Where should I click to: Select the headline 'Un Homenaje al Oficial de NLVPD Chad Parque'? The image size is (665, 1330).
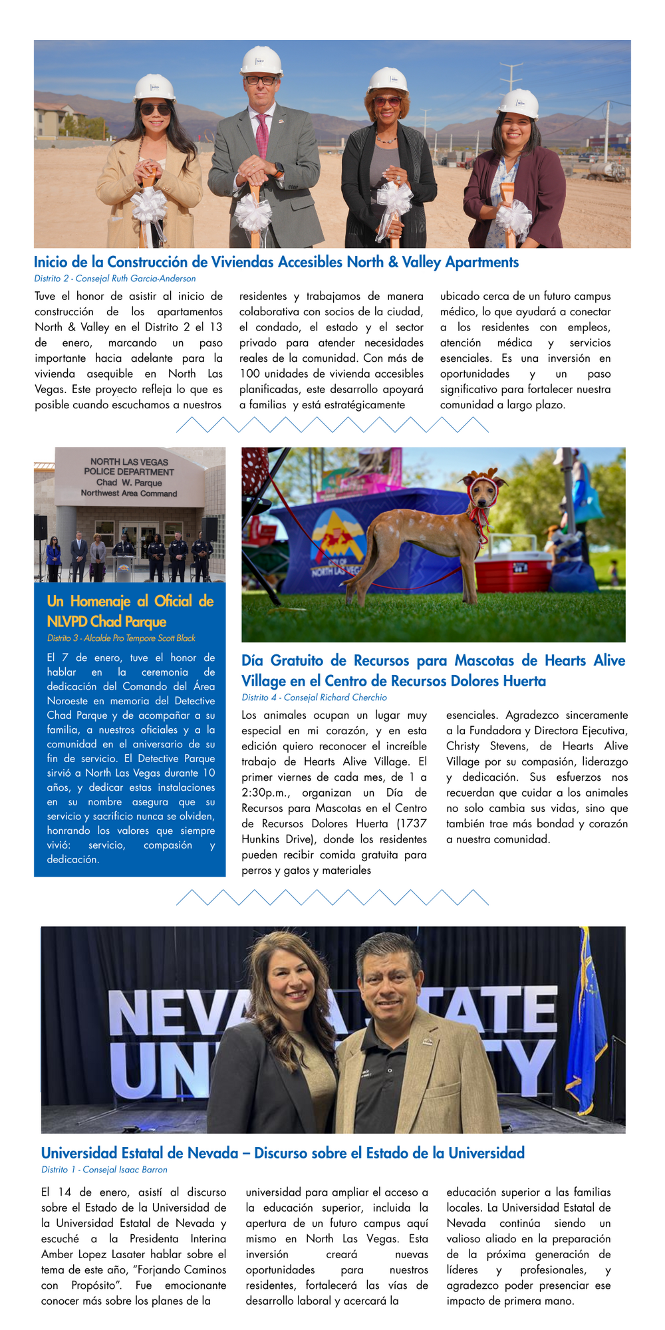click(x=130, y=611)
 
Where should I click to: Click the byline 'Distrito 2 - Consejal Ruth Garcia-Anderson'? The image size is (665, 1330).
click(x=115, y=279)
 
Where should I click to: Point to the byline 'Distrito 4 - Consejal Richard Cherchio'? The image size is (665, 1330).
click(x=314, y=698)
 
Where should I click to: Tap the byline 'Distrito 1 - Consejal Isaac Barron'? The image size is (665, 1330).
click(x=104, y=1170)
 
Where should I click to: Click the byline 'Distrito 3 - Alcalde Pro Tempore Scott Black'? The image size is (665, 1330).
click(x=121, y=638)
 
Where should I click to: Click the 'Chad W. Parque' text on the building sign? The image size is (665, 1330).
click(x=129, y=483)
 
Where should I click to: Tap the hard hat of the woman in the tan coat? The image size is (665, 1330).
click(x=154, y=87)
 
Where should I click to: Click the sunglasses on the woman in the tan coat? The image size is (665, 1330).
click(x=154, y=109)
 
